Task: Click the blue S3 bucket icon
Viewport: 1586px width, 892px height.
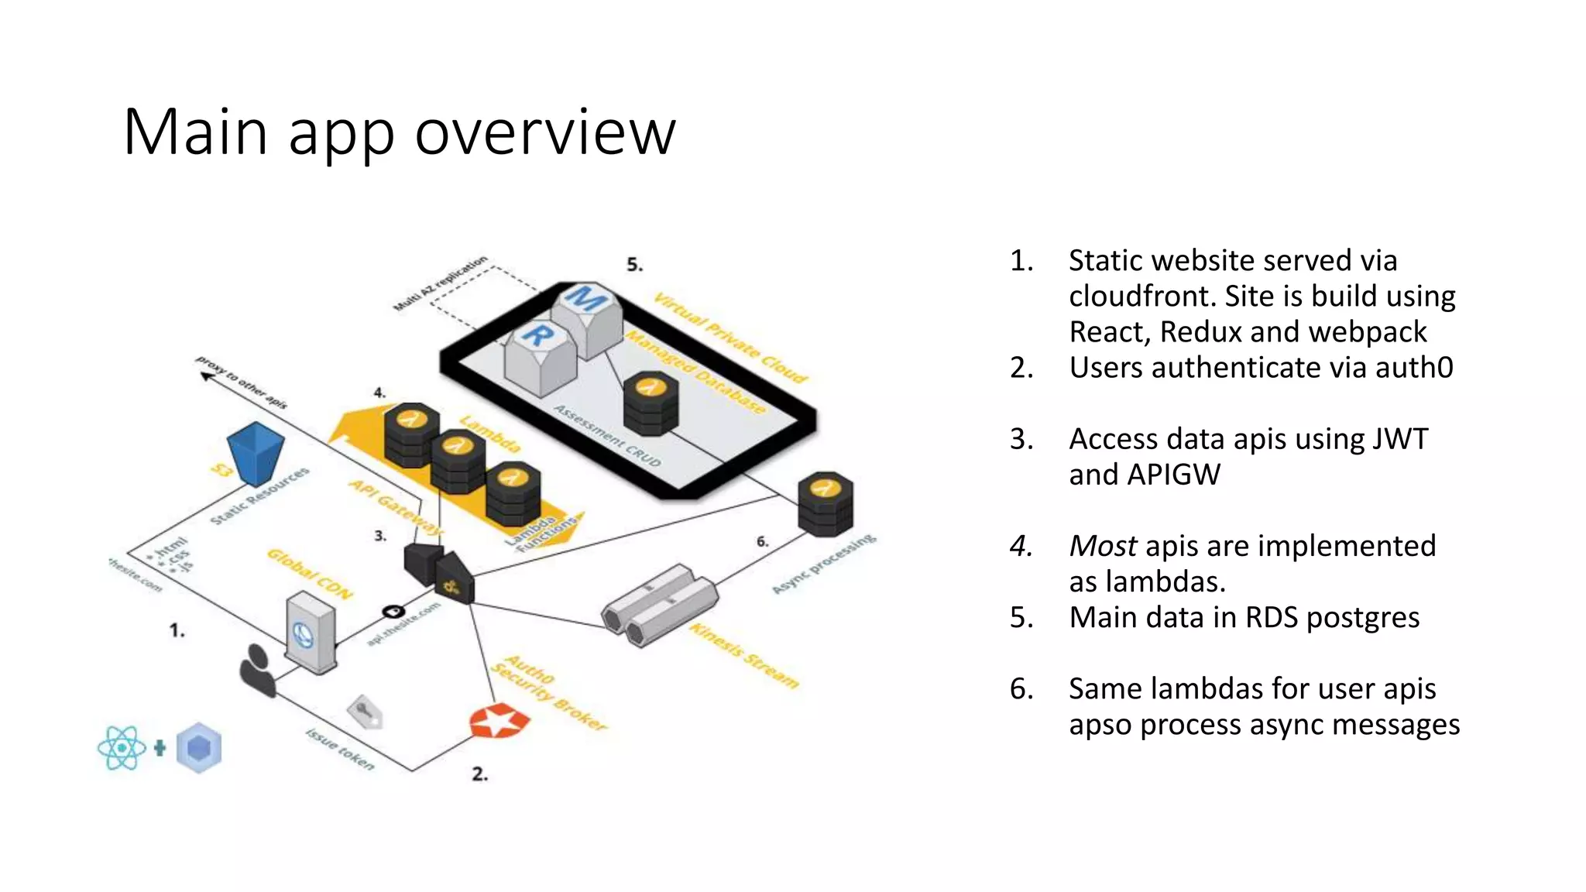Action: click(x=256, y=454)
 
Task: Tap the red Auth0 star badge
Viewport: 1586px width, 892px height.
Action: click(x=499, y=722)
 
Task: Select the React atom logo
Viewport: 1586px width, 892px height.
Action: click(x=122, y=748)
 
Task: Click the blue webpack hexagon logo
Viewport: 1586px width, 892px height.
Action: click(x=199, y=748)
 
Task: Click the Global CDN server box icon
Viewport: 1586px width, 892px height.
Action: click(x=310, y=632)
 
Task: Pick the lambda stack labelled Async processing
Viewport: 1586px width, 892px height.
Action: click(x=826, y=504)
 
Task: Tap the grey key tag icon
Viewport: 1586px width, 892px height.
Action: click(x=365, y=712)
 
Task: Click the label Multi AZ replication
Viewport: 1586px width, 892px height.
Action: click(x=440, y=283)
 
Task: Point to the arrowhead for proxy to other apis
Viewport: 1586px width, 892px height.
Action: click(x=206, y=376)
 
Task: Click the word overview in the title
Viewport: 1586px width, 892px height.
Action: click(x=545, y=132)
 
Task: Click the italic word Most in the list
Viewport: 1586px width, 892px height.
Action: click(x=1103, y=546)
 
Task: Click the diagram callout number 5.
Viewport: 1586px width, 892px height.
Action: click(x=634, y=265)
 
